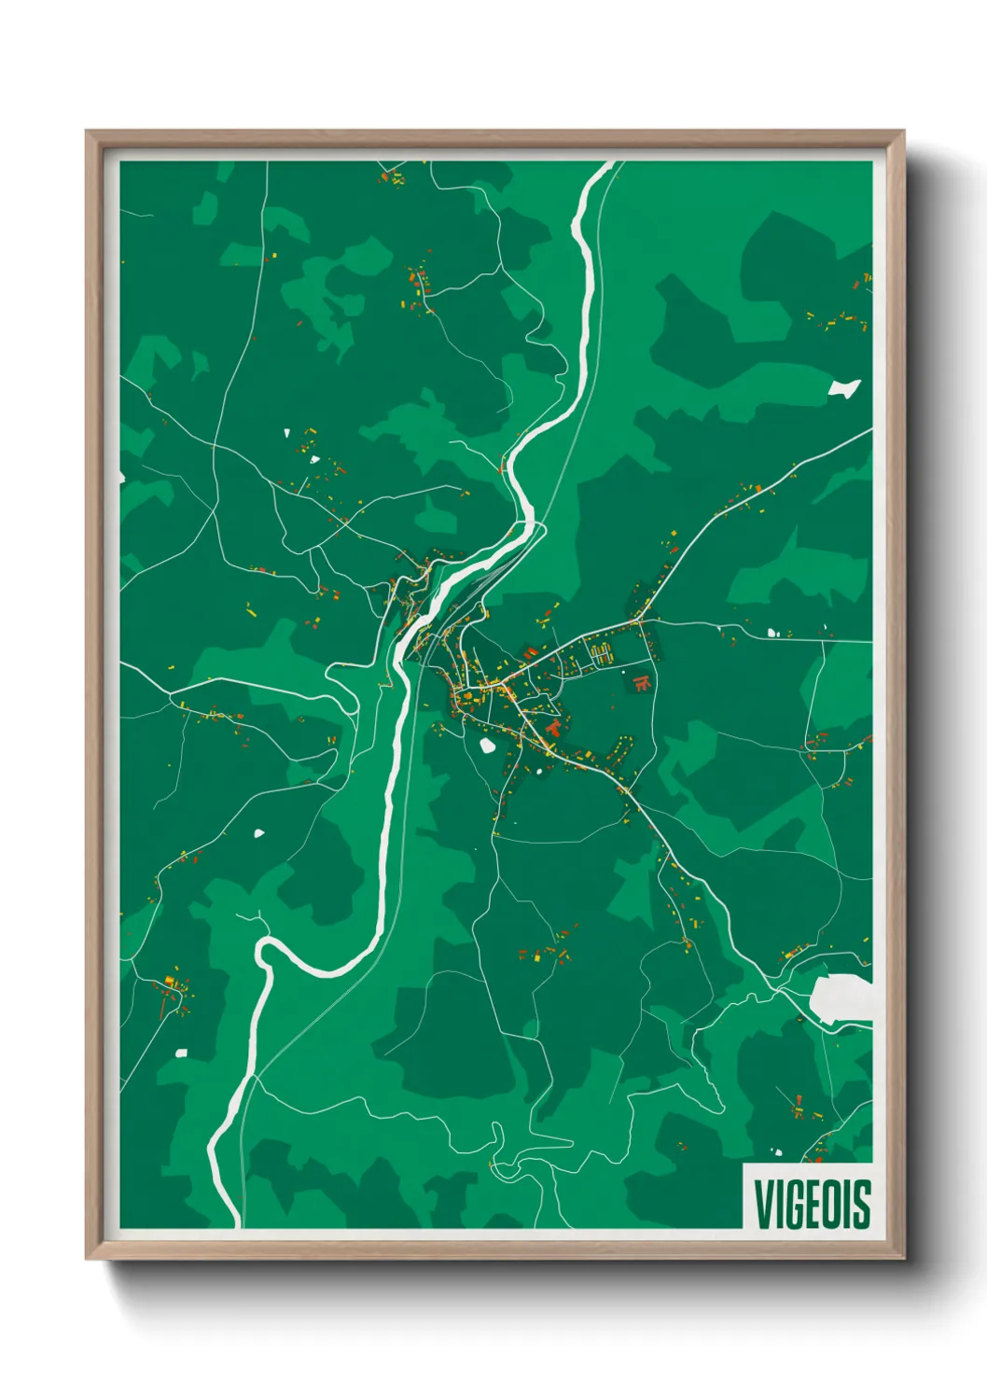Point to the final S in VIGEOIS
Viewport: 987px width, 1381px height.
click(x=862, y=1204)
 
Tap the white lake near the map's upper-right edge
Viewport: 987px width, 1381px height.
click(x=843, y=388)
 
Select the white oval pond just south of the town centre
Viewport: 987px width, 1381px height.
click(x=487, y=745)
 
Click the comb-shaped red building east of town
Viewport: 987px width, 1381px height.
click(x=640, y=682)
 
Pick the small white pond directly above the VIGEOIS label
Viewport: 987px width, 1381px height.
click(x=776, y=1152)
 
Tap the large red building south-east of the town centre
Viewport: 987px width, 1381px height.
click(x=554, y=726)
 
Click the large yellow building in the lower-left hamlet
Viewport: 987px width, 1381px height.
click(x=170, y=980)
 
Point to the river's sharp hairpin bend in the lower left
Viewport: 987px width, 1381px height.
click(x=264, y=950)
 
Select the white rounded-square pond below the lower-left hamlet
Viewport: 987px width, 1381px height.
click(x=181, y=1053)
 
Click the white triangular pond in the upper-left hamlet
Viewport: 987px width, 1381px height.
click(x=287, y=432)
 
